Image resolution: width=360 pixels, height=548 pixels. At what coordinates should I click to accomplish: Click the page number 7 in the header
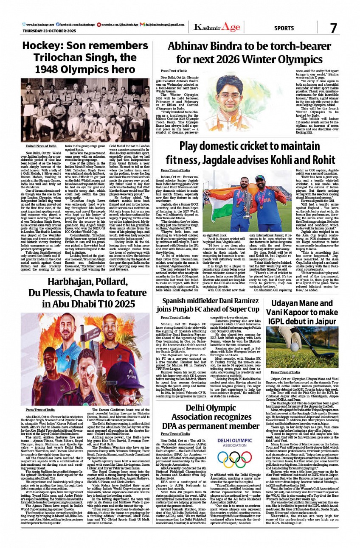click(x=333, y=28)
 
